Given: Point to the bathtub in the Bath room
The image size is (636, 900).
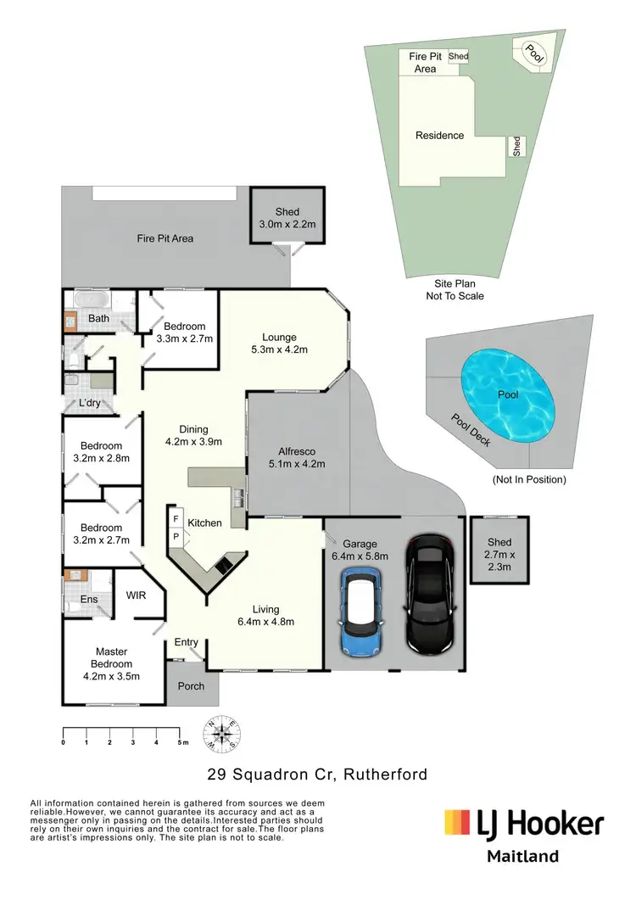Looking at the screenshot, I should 88,300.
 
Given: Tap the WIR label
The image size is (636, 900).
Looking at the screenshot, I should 136,595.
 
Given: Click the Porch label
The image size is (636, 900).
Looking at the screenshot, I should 192,685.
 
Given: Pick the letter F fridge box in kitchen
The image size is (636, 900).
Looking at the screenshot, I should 176,519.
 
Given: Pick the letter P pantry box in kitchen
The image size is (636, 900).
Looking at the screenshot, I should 176,536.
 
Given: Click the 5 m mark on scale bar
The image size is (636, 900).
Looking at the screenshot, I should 180,742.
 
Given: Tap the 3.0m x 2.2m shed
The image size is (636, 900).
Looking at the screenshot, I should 287,218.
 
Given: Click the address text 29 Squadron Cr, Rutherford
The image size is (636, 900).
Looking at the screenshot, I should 317,774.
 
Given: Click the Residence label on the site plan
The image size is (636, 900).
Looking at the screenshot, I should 439,135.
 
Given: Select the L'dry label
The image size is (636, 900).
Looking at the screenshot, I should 89,403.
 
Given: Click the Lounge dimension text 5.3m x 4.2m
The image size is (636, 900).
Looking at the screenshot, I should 279,349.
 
